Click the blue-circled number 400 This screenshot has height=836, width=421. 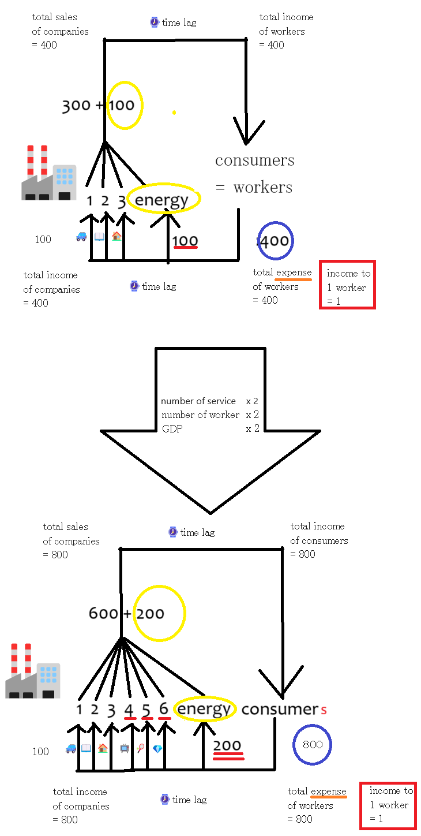pyautogui.click(x=275, y=241)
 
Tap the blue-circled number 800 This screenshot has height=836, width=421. pyautogui.click(x=312, y=744)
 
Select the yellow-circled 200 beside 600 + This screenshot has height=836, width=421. pyautogui.click(x=151, y=614)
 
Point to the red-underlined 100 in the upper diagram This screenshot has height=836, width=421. pyautogui.click(x=185, y=241)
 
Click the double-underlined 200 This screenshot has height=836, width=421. pyautogui.click(x=227, y=745)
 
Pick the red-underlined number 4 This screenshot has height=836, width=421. pyautogui.click(x=129, y=710)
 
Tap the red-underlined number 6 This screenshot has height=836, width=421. pyautogui.click(x=164, y=710)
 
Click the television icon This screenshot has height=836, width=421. pyautogui.click(x=124, y=749)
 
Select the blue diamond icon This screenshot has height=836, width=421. pyautogui.click(x=157, y=749)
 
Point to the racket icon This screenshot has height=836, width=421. pyautogui.click(x=141, y=749)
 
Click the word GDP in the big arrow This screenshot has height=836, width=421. pyautogui.click(x=172, y=429)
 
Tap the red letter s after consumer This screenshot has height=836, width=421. pyautogui.click(x=324, y=711)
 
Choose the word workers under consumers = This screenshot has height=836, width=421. pyautogui.click(x=262, y=187)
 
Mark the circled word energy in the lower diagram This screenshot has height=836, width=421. pyautogui.click(x=204, y=710)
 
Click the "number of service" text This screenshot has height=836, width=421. pyautogui.click(x=198, y=401)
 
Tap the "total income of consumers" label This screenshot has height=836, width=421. pyautogui.click(x=318, y=540)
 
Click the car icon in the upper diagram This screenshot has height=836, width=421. pyautogui.click(x=81, y=236)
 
